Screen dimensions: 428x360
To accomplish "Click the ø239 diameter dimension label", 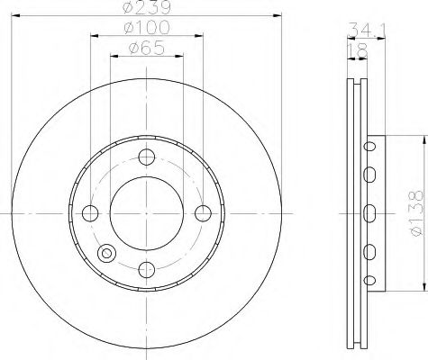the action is (147, 6).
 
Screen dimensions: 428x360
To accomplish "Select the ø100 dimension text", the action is (147, 28).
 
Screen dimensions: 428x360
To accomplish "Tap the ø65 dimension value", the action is (147, 48).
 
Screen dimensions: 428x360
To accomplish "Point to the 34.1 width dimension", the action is (367, 30).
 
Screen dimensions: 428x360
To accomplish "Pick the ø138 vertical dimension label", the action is (416, 213).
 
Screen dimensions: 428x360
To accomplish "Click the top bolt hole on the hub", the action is (147, 157).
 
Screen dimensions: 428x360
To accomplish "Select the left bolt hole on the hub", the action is (90, 213).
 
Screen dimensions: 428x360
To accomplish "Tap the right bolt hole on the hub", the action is (203, 213).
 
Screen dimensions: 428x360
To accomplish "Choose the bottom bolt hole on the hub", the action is (147, 269).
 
